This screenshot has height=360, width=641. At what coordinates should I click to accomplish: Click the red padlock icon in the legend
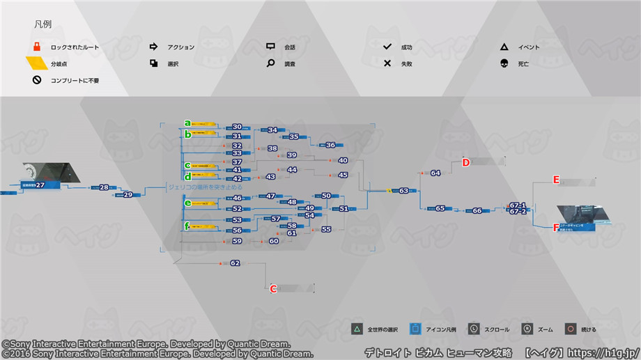[37, 47]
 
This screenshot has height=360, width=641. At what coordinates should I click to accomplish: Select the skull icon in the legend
[504, 64]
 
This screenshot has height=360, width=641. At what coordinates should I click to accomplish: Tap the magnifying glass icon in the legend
[270, 64]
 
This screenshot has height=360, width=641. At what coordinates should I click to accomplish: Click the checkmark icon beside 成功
[387, 47]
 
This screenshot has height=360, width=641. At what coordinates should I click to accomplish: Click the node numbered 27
[40, 185]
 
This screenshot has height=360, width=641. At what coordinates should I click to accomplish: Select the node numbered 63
[403, 191]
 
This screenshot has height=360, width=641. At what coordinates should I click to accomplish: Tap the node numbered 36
[330, 145]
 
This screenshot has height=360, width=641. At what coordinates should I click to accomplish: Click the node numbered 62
[235, 263]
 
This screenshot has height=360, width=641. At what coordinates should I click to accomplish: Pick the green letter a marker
[187, 123]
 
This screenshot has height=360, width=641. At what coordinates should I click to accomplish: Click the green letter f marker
[187, 226]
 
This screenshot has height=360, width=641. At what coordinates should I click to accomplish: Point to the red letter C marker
[274, 288]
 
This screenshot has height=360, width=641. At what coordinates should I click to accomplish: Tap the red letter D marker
[466, 163]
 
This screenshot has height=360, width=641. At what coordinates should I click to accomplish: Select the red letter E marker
[556, 180]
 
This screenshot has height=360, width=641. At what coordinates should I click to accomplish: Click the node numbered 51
[343, 209]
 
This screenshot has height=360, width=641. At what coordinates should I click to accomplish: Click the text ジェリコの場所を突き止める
[206, 187]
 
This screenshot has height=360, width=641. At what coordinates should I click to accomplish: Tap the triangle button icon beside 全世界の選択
[356, 329]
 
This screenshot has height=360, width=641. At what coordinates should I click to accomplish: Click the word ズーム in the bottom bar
[546, 329]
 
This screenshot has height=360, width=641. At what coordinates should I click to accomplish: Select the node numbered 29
[128, 195]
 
